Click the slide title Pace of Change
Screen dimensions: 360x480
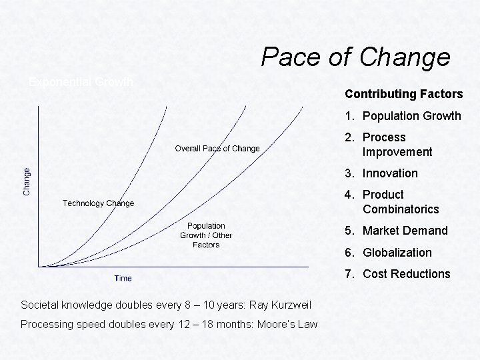[355, 57]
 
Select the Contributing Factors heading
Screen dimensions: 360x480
[403, 94]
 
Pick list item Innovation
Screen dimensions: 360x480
[390, 173]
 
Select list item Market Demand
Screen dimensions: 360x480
[405, 231]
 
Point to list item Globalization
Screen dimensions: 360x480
[397, 253]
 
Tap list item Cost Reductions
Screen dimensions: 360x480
[406, 274]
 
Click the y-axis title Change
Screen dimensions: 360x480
[27, 181]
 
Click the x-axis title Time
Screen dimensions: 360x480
[123, 278]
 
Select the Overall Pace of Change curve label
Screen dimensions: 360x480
[217, 149]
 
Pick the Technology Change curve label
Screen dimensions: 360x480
[98, 203]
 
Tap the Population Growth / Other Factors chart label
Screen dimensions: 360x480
[206, 235]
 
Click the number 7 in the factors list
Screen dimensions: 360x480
[348, 274]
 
